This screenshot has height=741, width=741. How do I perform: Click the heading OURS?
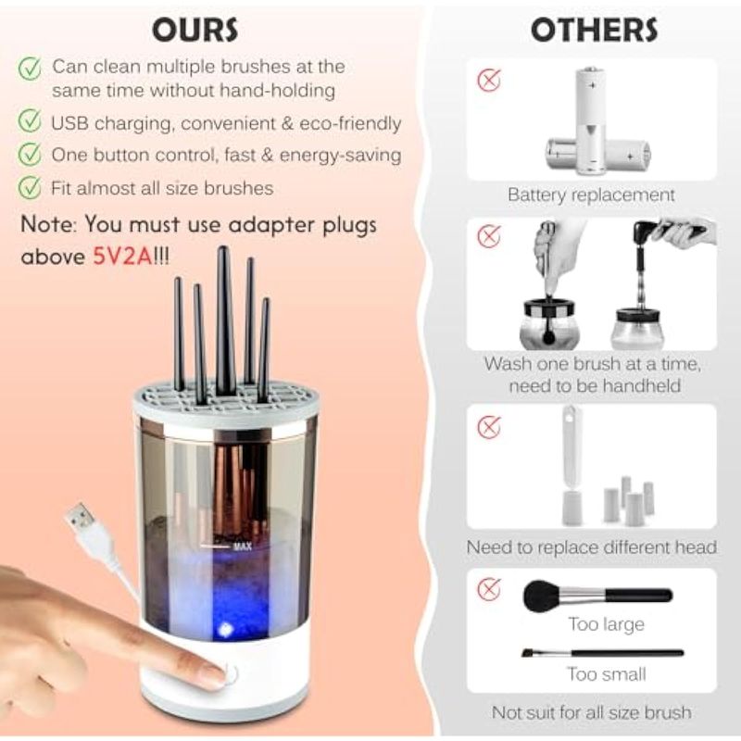195,30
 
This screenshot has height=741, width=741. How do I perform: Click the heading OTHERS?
594,30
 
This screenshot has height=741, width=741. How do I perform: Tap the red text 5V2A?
122,257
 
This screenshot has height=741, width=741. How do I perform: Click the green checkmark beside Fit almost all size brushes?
30,187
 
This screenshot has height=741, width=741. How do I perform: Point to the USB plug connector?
81,516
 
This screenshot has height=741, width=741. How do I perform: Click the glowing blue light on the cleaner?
224,629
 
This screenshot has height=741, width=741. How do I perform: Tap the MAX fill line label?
243,546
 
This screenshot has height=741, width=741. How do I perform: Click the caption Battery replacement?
591,195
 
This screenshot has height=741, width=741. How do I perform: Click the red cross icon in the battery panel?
489,81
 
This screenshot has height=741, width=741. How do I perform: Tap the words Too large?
606,623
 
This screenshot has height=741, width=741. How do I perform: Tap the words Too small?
607,674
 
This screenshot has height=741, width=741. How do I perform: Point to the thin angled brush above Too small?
603,653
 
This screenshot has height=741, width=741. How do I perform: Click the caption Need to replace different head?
591,547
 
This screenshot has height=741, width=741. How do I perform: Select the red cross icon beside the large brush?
489,589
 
